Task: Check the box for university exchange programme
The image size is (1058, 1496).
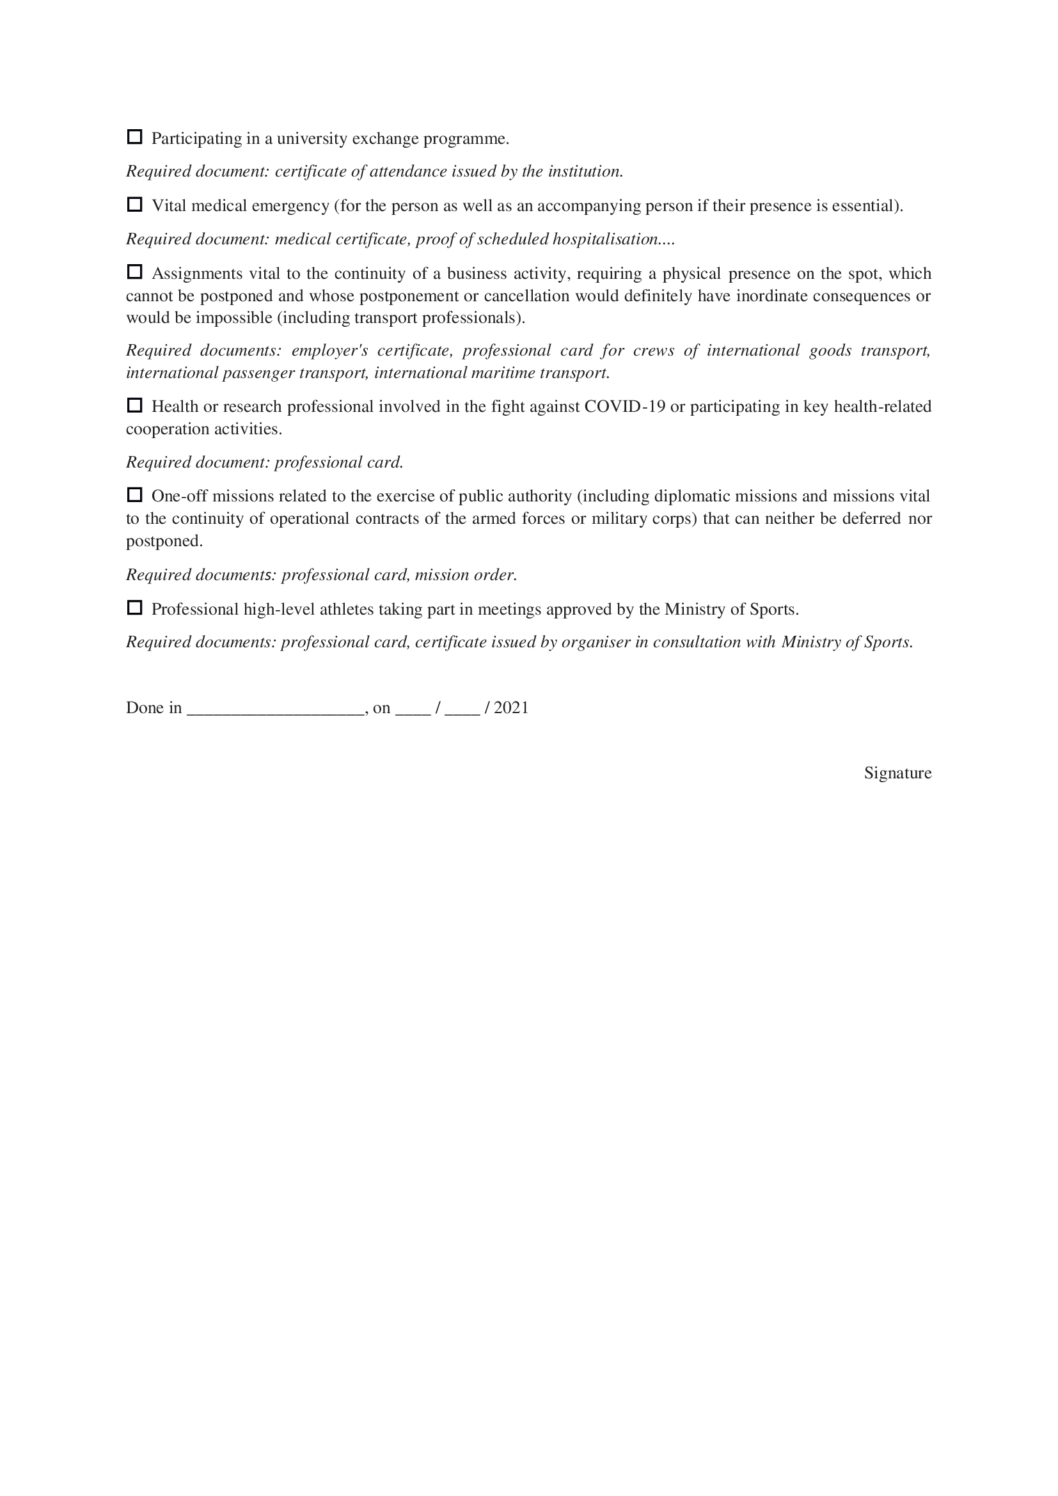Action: click(134, 137)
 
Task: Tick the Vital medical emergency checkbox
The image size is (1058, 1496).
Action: click(134, 205)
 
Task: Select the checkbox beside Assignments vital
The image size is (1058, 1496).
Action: click(134, 272)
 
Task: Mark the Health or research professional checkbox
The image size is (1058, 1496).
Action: click(134, 405)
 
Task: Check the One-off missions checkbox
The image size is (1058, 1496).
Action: click(134, 495)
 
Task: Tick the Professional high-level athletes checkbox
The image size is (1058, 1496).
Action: click(134, 608)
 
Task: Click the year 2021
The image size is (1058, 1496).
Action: click(512, 708)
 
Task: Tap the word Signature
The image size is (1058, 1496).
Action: click(897, 773)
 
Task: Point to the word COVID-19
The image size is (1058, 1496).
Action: click(625, 407)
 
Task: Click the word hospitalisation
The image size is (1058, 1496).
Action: click(605, 240)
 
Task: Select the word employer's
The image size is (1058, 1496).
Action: click(329, 351)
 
